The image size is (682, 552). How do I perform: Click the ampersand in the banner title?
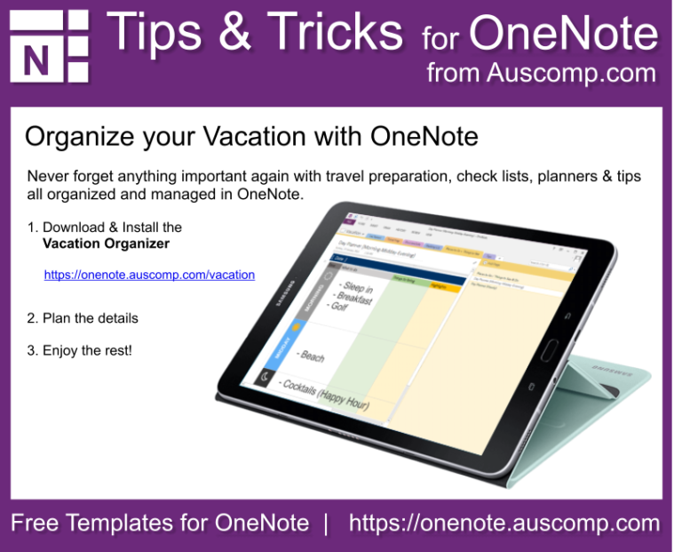click(x=233, y=33)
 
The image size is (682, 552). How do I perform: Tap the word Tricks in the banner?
click(x=334, y=33)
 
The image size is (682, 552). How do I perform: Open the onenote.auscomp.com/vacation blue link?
click(x=149, y=275)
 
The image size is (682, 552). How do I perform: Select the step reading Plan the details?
click(x=83, y=317)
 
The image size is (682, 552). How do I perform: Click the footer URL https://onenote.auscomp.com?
click(x=504, y=523)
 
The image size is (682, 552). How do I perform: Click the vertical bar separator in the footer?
click(x=326, y=523)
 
